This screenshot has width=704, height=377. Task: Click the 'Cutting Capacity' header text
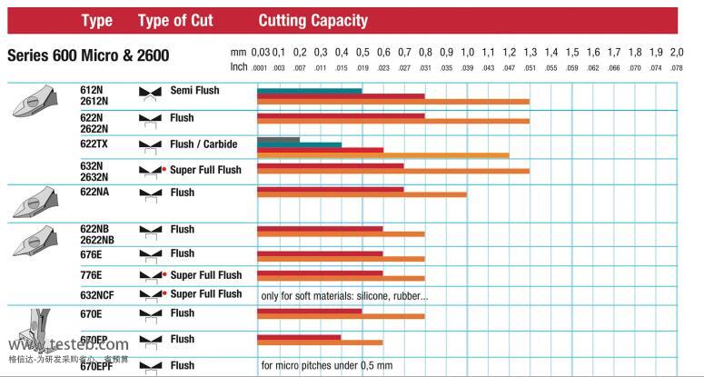(313, 20)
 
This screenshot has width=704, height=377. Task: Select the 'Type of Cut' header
(175, 20)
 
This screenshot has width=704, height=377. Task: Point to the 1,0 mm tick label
(467, 52)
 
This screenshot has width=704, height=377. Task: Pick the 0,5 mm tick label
(362, 52)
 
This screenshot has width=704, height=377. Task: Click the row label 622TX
(94, 144)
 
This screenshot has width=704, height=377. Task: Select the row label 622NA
(96, 193)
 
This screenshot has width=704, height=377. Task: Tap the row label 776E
(93, 274)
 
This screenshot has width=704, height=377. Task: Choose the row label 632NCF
(99, 294)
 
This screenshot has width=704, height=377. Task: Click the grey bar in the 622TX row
(278, 139)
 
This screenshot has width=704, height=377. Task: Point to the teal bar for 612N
(309, 90)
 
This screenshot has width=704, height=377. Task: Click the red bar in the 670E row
(309, 312)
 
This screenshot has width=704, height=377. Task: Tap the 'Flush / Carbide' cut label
(203, 144)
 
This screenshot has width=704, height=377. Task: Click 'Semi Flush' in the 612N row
(194, 91)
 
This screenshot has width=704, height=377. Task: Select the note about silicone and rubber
(344, 295)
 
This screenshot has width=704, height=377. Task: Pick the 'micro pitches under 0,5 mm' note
(326, 365)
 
